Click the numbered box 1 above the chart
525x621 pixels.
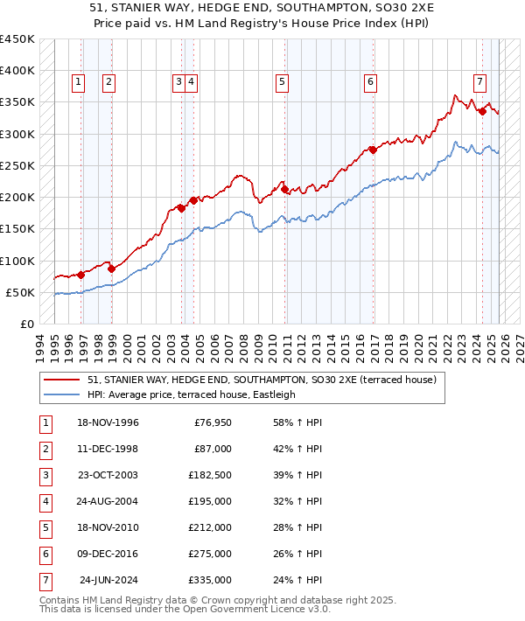pos(78,82)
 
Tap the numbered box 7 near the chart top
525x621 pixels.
pos(480,82)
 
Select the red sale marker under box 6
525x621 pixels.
pos(373,150)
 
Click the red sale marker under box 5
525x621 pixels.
pos(284,189)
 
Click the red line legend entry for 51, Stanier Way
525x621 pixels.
pos(244,380)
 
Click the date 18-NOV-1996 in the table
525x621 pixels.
pos(108,422)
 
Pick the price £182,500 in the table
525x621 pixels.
pos(210,475)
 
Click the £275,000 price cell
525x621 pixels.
pos(210,554)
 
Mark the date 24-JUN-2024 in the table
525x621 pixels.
pos(108,580)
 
